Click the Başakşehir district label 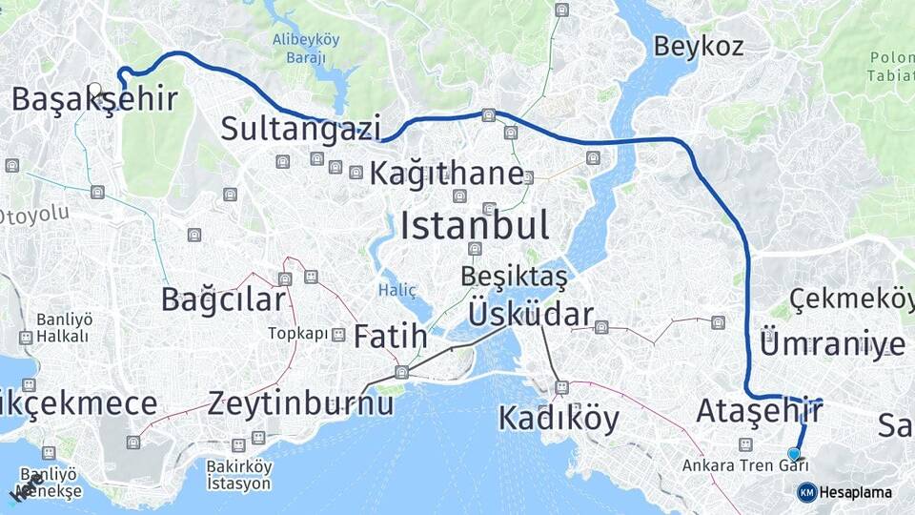pyautogui.click(x=94, y=98)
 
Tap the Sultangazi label pyautogui.click(x=301, y=128)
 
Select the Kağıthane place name pyautogui.click(x=446, y=174)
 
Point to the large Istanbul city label pyautogui.click(x=475, y=227)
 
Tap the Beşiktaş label pyautogui.click(x=514, y=278)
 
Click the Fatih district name pyautogui.click(x=391, y=337)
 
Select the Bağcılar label pyautogui.click(x=223, y=299)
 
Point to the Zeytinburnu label pyautogui.click(x=301, y=402)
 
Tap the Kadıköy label pyautogui.click(x=559, y=418)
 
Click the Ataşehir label pyautogui.click(x=760, y=412)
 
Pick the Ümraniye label pyautogui.click(x=833, y=342)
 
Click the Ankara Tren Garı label pyautogui.click(x=744, y=465)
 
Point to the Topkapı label pyautogui.click(x=297, y=334)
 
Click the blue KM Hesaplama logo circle pyautogui.click(x=806, y=492)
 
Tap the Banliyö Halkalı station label pyautogui.click(x=63, y=328)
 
